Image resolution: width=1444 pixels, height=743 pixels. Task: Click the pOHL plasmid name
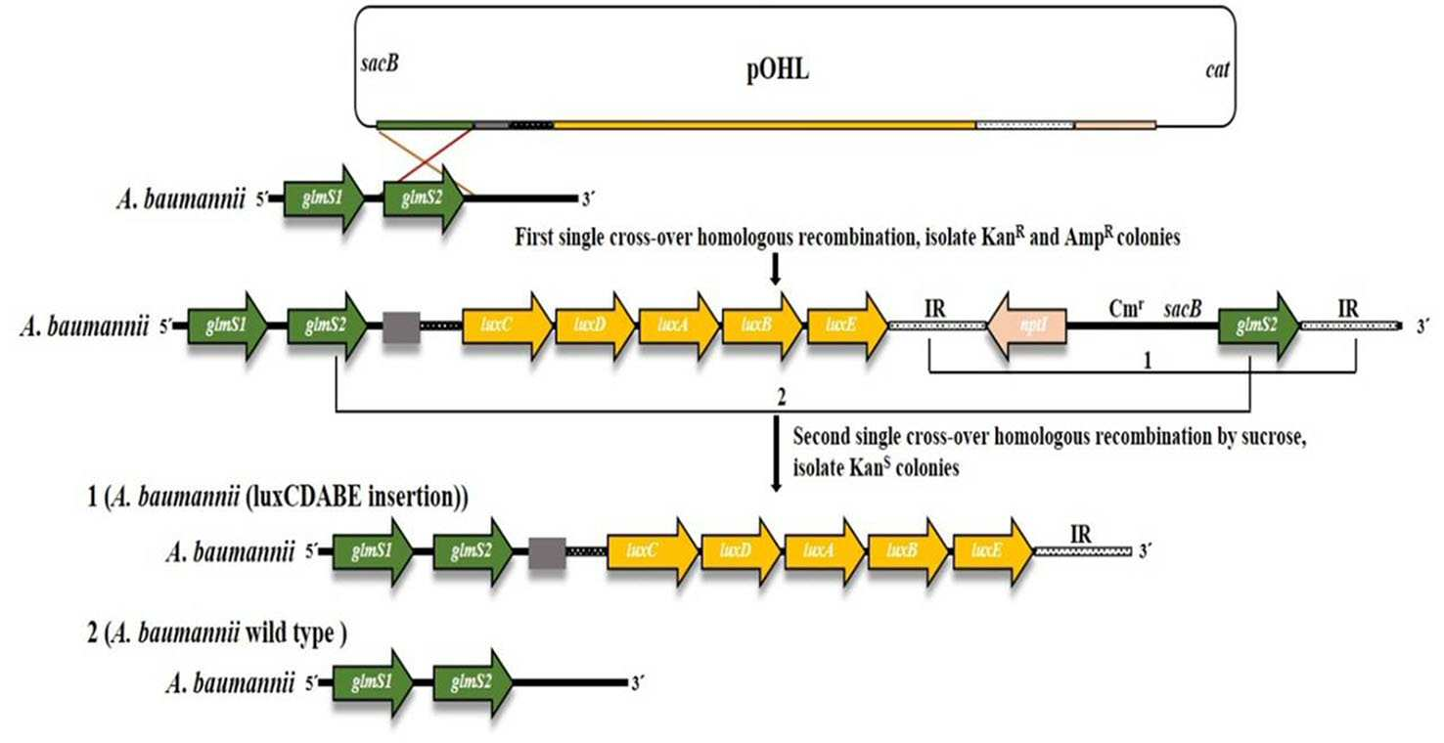pyautogui.click(x=778, y=69)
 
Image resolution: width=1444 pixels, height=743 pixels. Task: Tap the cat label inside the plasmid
pyautogui.click(x=1217, y=69)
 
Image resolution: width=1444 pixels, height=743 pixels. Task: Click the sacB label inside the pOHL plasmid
pyautogui.click(x=380, y=64)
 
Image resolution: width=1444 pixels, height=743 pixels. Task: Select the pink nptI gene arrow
pyautogui.click(x=1026, y=326)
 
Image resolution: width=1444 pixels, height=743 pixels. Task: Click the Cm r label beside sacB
pyautogui.click(x=1126, y=309)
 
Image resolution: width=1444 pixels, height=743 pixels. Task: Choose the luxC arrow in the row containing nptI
pyautogui.click(x=508, y=326)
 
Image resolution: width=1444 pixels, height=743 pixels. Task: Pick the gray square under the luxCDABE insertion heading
pyautogui.click(x=547, y=553)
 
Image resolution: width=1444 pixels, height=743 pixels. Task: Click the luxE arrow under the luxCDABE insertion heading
pyautogui.click(x=993, y=551)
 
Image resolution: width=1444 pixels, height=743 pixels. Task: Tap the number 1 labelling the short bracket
pyautogui.click(x=1147, y=360)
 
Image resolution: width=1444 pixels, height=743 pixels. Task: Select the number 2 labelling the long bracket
pyautogui.click(x=782, y=397)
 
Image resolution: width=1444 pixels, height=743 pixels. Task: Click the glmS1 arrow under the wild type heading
pyautogui.click(x=373, y=683)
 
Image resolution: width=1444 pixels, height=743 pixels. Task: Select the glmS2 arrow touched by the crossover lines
pyautogui.click(x=424, y=197)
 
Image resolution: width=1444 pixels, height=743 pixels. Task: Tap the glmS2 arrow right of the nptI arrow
pyautogui.click(x=1259, y=326)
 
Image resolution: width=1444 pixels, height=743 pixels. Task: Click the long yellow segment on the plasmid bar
pyautogui.click(x=764, y=124)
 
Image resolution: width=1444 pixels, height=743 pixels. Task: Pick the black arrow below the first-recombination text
pyautogui.click(x=776, y=270)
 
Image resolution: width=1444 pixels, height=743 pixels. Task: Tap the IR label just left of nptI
pyautogui.click(x=935, y=309)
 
